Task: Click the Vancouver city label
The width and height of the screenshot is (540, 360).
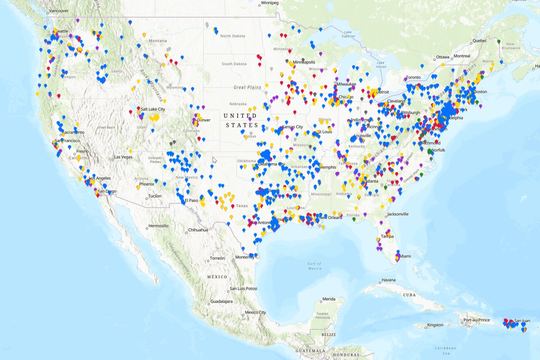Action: (x=59, y=11)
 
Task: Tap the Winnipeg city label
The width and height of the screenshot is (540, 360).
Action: (x=270, y=3)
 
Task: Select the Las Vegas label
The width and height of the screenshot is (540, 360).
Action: (x=123, y=157)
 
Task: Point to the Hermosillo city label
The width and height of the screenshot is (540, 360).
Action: (x=158, y=226)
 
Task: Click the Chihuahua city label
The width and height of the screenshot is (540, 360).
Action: (x=198, y=230)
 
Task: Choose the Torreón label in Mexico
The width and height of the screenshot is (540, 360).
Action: (x=217, y=258)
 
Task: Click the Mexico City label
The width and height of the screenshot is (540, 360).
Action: (x=255, y=313)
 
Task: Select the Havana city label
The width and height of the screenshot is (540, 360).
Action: (x=389, y=280)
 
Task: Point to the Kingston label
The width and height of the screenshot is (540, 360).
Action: (x=435, y=325)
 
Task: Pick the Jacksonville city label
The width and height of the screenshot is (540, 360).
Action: (x=397, y=214)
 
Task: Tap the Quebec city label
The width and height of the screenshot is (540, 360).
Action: (x=479, y=41)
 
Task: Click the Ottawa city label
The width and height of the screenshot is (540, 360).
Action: (x=443, y=57)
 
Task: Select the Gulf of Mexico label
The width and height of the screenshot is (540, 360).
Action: (x=314, y=266)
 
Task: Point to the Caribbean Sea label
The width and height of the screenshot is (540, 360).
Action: (x=446, y=351)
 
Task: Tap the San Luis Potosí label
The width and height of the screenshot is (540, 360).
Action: (x=243, y=289)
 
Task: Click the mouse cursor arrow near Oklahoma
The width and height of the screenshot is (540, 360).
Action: (x=214, y=160)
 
